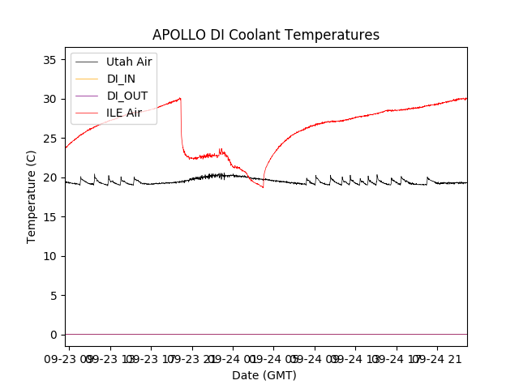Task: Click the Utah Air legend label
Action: (129, 62)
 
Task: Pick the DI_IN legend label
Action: (122, 79)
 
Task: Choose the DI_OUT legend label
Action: (127, 96)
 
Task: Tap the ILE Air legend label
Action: (124, 113)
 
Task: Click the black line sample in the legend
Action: (87, 62)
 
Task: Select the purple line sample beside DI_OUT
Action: (87, 96)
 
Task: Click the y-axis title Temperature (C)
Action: (32, 196)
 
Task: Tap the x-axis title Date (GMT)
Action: (264, 375)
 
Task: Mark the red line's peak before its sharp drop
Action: (180, 98)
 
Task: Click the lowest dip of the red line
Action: (263, 187)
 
